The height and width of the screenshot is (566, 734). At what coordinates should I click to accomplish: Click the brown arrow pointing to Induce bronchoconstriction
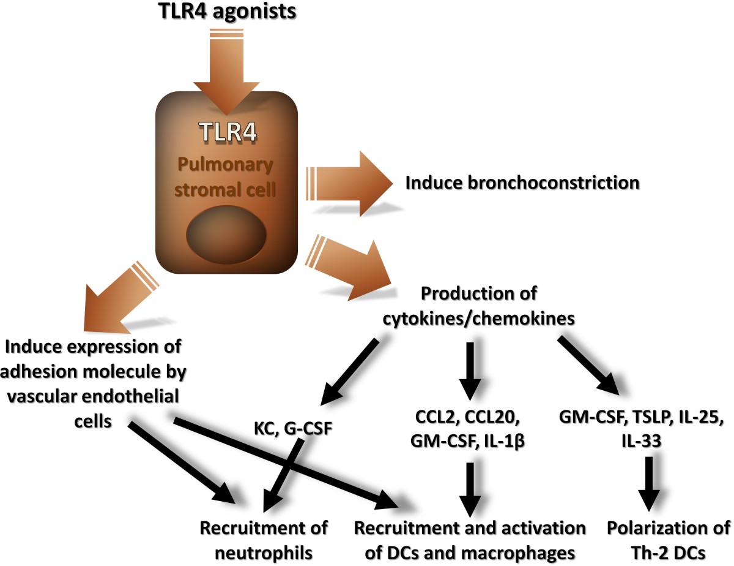pyautogui.click(x=355, y=182)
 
